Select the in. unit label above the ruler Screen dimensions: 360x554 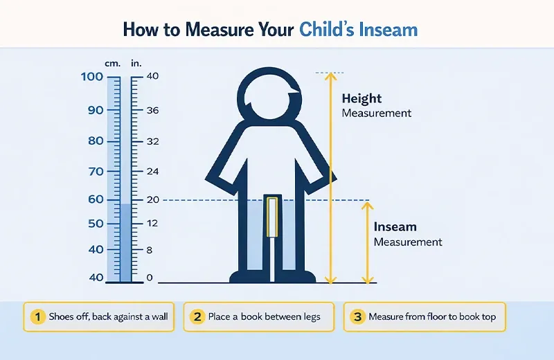click(136, 64)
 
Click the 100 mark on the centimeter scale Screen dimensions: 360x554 click(91, 76)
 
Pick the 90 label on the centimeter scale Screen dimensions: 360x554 click(95, 110)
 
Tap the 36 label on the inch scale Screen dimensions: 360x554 click(153, 110)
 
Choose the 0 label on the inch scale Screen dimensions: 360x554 click(150, 278)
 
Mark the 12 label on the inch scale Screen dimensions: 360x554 click(153, 223)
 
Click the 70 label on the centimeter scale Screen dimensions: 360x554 click(95, 171)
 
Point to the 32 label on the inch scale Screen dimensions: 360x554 click(153, 141)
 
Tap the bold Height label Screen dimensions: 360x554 click(361, 99)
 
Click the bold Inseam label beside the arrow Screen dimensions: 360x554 click(395, 227)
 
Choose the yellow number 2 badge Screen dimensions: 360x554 click(197, 317)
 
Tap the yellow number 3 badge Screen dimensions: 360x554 click(357, 317)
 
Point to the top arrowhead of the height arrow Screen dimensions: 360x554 click(330, 77)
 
